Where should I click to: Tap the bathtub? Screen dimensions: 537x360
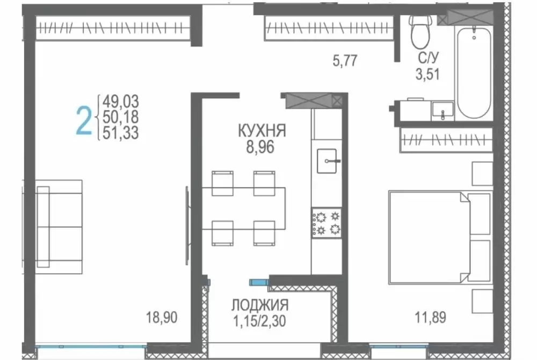[x=474, y=72]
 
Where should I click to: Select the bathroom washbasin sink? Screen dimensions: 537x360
[x=442, y=111]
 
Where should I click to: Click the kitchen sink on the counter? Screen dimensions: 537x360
[x=327, y=161]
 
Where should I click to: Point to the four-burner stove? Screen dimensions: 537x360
[x=326, y=223]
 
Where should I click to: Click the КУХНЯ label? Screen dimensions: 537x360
[x=262, y=131]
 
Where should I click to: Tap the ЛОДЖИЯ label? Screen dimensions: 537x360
[x=260, y=305]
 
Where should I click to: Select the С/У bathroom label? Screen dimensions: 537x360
[x=428, y=58]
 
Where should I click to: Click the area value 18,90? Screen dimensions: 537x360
[x=162, y=317]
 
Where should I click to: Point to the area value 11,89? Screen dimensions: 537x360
[x=431, y=317]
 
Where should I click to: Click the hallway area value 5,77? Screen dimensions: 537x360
[x=345, y=61]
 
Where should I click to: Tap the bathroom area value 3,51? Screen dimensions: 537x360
[x=428, y=74]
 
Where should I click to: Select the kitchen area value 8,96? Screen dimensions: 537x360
[x=260, y=147]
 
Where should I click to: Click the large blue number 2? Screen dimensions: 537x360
[x=84, y=120]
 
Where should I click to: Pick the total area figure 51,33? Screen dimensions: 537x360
[x=120, y=133]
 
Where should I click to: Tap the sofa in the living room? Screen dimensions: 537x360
[x=59, y=226]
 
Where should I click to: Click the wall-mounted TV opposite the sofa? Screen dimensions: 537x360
[x=187, y=225]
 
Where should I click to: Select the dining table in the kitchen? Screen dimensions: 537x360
[x=243, y=208]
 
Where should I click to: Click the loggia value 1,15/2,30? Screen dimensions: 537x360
[x=259, y=321]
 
